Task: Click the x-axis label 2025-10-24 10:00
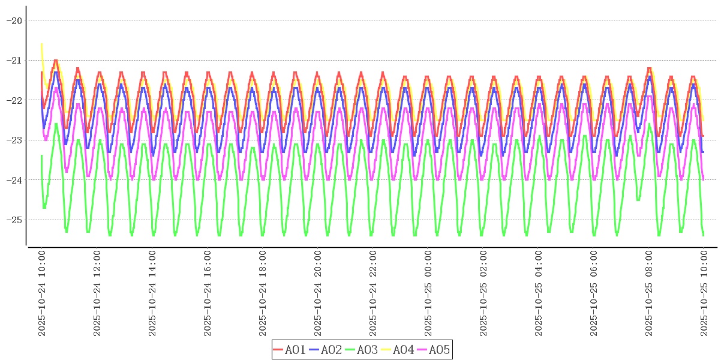[42, 293]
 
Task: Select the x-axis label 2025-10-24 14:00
[152, 293]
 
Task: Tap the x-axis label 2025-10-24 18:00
[263, 293]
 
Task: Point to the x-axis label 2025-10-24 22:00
[373, 293]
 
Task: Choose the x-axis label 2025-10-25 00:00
[428, 293]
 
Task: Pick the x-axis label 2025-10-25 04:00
[539, 293]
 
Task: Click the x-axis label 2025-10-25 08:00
[649, 293]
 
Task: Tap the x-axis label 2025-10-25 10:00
[704, 293]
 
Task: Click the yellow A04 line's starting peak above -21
[41, 44]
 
